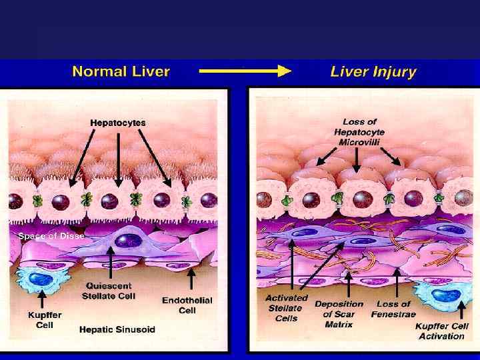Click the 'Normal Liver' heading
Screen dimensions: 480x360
(121, 71)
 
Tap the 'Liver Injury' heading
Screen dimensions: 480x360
(373, 71)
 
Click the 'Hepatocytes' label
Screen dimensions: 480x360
(117, 123)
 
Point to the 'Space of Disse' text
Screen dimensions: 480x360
(51, 235)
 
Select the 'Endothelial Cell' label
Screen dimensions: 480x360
(187, 305)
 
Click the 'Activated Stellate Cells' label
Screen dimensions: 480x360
(287, 308)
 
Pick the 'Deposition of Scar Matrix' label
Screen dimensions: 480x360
(339, 313)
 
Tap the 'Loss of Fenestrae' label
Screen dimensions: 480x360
(391, 309)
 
